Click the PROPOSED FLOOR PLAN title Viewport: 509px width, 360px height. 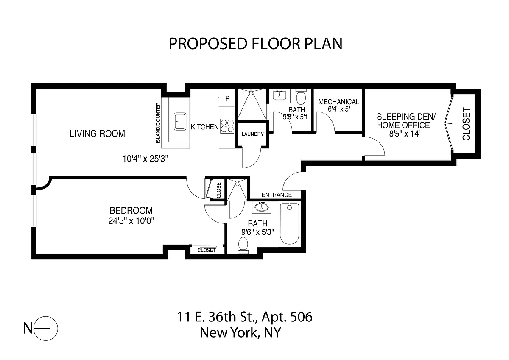click(255, 44)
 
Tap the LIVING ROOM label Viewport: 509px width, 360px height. click(97, 134)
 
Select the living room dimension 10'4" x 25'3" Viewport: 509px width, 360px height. click(145, 159)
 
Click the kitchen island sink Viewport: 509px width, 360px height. click(180, 122)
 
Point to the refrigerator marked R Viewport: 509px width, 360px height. click(227, 98)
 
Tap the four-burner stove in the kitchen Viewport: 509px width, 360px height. click(227, 126)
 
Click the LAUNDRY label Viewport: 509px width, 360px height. click(252, 134)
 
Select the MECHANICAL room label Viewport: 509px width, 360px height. click(338, 102)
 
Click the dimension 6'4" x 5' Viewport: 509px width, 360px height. click(338, 109)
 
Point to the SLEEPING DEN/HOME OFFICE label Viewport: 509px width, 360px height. click(406, 121)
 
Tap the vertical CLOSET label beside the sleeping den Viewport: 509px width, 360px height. click(466, 124)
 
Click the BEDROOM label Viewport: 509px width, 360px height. click(131, 211)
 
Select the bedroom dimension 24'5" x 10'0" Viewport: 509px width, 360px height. click(131, 221)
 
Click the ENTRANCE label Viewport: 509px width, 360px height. click(277, 195)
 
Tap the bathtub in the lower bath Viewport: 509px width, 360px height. click(289, 224)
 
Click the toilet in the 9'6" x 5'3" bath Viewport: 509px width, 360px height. click(243, 245)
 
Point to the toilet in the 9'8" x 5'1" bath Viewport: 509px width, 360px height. click(301, 97)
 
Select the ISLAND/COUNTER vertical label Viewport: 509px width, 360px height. click(158, 123)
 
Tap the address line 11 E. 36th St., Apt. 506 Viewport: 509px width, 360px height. click(244, 317)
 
